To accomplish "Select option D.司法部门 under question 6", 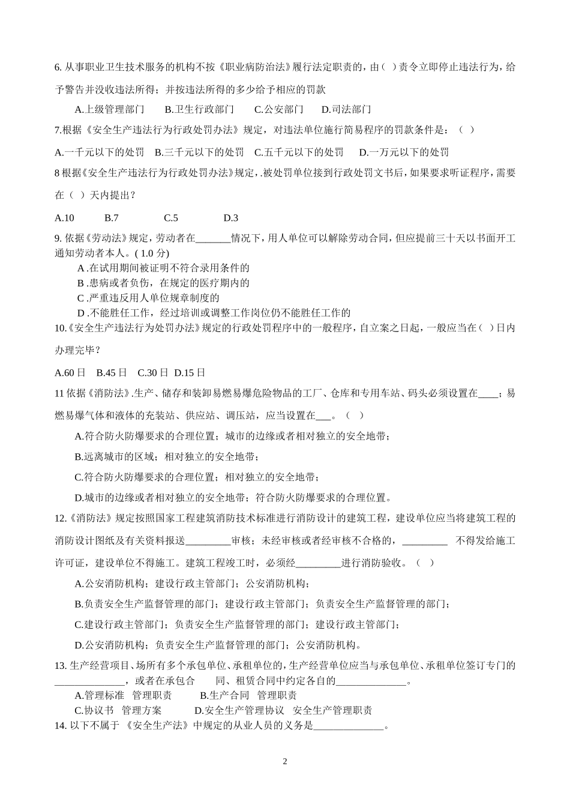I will pos(346,109).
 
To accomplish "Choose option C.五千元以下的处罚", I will pos(299,152).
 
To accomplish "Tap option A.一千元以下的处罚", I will pos(99,152).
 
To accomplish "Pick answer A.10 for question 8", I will pos(64,218).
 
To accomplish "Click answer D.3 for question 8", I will pos(230,218).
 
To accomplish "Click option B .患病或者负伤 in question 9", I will pos(163,283).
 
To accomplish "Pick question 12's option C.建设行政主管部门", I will pos(237,624).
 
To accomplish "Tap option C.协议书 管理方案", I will pos(118,710).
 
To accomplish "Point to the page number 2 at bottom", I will pos(285,762).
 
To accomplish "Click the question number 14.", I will pos(59,725).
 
